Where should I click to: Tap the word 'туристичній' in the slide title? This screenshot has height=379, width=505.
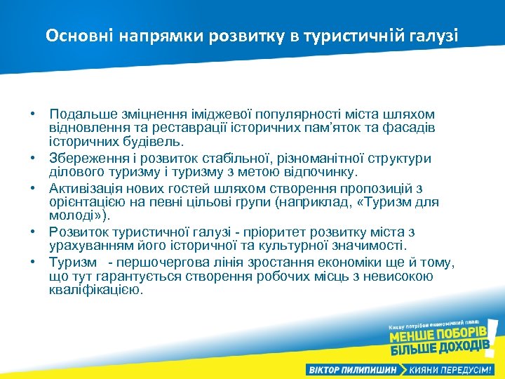point(352,35)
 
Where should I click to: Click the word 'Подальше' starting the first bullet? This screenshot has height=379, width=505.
point(79,114)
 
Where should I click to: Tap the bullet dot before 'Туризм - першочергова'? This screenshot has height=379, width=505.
point(33,262)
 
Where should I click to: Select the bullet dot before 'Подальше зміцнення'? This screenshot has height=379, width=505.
point(33,114)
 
